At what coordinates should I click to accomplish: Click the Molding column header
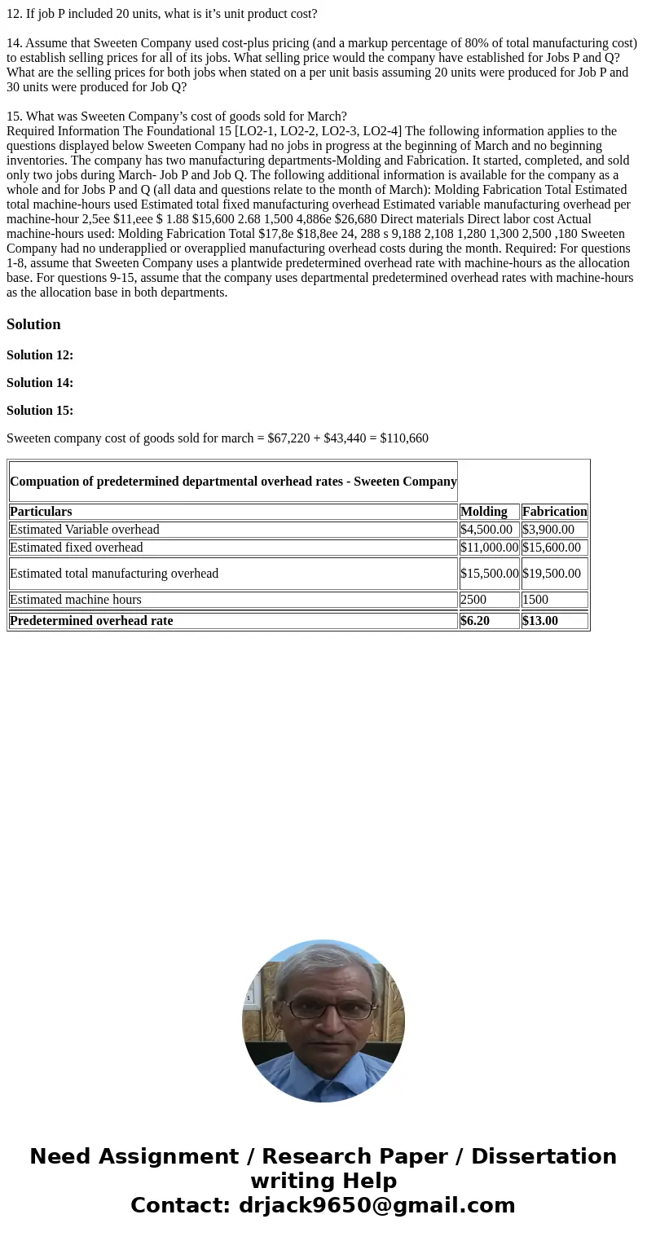[x=484, y=512]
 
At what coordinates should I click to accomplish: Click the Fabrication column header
[x=554, y=512]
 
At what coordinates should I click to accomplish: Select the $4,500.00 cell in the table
[x=486, y=530]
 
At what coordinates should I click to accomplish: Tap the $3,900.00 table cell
[x=548, y=530]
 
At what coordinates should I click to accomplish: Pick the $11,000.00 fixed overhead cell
[x=489, y=548]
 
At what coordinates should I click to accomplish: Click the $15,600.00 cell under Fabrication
[x=552, y=548]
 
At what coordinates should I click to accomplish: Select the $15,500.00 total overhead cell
[x=489, y=574]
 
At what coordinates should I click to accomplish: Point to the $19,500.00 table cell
[x=552, y=574]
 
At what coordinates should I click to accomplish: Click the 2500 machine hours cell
[x=473, y=600]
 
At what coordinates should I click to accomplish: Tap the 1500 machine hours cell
[x=535, y=600]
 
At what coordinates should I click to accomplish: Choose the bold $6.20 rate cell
[x=475, y=621]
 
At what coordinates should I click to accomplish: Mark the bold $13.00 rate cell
[x=540, y=621]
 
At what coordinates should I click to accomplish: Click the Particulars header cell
[x=41, y=512]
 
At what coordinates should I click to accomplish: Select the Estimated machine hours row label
[x=76, y=600]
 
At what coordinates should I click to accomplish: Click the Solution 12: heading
[x=40, y=355]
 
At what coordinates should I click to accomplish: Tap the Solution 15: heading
[x=40, y=411]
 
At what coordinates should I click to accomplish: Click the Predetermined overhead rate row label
[x=91, y=621]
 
